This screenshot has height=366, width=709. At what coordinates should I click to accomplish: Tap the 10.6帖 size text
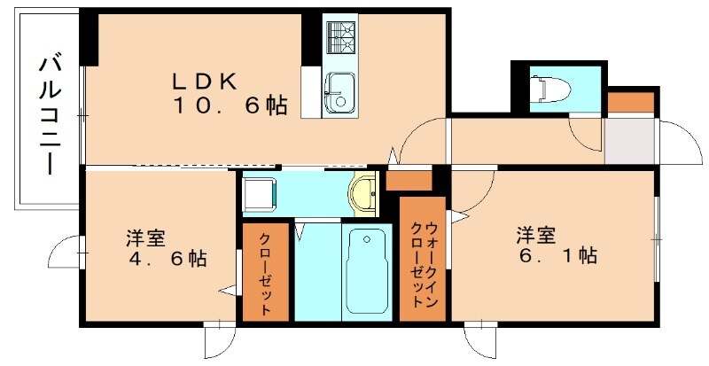[x=230, y=106]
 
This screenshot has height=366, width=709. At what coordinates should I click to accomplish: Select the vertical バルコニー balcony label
[x=51, y=114]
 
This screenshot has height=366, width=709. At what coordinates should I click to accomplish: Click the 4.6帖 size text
[x=166, y=259]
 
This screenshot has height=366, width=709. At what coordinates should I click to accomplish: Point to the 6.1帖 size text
[x=557, y=257]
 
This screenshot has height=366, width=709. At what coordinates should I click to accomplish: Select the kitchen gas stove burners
[x=341, y=37]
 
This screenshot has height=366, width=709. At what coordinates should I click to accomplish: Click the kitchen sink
[x=339, y=92]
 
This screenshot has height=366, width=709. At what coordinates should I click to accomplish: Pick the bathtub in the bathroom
[x=366, y=270]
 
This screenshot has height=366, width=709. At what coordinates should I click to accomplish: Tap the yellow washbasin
[x=364, y=194]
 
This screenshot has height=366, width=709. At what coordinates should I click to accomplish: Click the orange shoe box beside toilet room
[x=632, y=101]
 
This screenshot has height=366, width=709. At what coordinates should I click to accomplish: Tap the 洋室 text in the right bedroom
[x=536, y=236]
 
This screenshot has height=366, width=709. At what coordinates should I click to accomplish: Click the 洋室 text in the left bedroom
[x=144, y=238]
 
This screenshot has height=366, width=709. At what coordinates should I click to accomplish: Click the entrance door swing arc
[x=678, y=137]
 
